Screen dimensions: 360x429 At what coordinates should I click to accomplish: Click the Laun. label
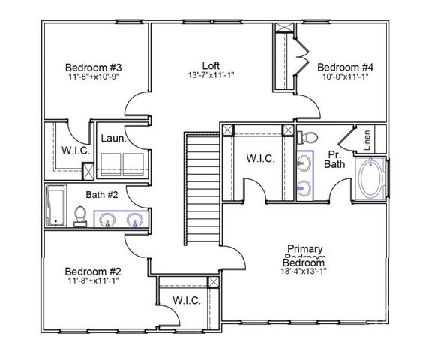click(x=112, y=139)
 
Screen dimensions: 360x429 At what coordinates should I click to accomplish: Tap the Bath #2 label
click(x=101, y=195)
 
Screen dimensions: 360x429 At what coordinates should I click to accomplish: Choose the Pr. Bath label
click(x=335, y=159)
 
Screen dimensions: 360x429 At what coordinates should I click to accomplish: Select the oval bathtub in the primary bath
click(x=371, y=180)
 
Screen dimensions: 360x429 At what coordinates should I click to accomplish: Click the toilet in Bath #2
click(x=79, y=215)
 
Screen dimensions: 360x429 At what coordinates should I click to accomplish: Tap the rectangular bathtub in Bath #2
click(x=56, y=207)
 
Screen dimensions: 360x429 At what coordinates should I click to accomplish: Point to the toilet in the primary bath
click(x=308, y=138)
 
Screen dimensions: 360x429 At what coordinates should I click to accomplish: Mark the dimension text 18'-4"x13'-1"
click(x=305, y=272)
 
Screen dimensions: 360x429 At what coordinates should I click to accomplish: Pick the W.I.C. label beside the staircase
click(x=260, y=159)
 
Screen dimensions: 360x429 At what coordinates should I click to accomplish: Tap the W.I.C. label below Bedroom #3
click(x=75, y=150)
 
